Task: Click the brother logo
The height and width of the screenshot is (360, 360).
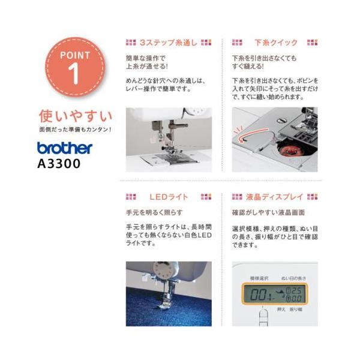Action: click(65, 148)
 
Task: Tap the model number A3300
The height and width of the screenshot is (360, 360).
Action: click(59, 164)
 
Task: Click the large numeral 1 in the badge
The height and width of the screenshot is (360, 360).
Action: click(74, 74)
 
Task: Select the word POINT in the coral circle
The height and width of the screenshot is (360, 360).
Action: click(75, 55)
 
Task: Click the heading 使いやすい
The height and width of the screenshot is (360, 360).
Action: click(76, 116)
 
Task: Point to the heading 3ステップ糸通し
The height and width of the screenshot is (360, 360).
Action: click(169, 43)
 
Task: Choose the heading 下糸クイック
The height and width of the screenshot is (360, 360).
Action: click(276, 43)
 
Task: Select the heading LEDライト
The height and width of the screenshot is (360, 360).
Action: click(169, 197)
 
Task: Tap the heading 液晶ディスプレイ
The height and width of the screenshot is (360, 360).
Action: click(275, 197)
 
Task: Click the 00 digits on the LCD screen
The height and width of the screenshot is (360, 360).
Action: click(258, 294)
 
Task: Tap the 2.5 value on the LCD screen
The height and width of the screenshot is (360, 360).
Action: click(296, 290)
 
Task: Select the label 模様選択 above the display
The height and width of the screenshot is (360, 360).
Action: click(259, 278)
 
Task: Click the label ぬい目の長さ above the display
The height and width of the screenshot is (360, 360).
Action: click(293, 278)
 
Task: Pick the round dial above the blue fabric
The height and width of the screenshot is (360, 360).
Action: click(163, 271)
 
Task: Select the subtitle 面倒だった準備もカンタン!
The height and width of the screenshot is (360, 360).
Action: click(76, 130)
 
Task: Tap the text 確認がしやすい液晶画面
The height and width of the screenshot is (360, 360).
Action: click(268, 212)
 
